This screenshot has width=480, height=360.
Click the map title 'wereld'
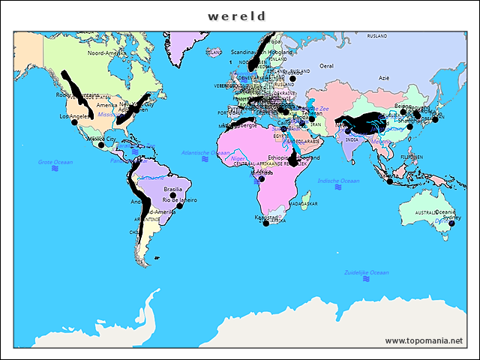point(237,16)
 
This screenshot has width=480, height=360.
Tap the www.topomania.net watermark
point(424,340)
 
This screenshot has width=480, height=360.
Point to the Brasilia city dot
point(173,196)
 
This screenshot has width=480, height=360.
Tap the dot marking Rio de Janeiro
point(180,206)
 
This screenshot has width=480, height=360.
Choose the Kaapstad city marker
point(265,223)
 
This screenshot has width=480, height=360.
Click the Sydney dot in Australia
point(451,223)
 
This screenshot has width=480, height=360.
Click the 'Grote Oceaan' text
point(55,162)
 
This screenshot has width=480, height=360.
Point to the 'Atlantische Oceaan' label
point(205,153)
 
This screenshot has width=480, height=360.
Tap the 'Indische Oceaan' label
point(339,181)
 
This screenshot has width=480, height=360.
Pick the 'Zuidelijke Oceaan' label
point(367,271)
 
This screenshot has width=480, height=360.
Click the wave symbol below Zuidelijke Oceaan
point(366,279)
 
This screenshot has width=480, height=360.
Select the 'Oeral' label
point(326,66)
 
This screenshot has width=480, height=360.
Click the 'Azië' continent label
point(384,78)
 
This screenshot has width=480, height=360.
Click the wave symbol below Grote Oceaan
point(55,169)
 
